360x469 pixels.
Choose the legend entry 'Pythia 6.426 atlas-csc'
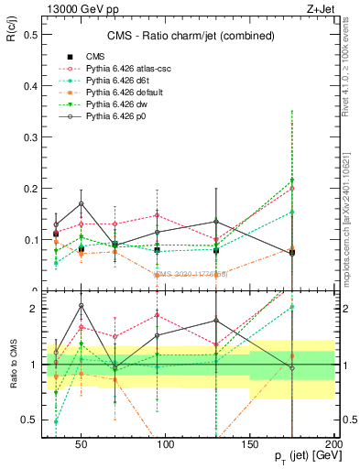[123, 69]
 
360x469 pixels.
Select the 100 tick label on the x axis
[167, 443]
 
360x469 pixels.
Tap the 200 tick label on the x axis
[334, 443]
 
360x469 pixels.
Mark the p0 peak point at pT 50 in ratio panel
[82, 305]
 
